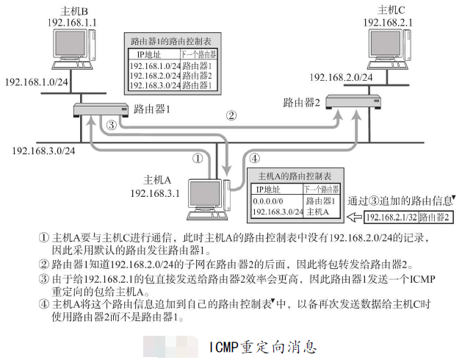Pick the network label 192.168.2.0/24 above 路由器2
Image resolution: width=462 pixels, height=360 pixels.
pos(339,76)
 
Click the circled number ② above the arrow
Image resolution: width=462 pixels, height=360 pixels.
pos(231,115)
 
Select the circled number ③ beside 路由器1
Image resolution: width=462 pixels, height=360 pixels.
pos(112,125)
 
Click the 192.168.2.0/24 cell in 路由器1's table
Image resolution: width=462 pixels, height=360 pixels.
pos(154,75)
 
